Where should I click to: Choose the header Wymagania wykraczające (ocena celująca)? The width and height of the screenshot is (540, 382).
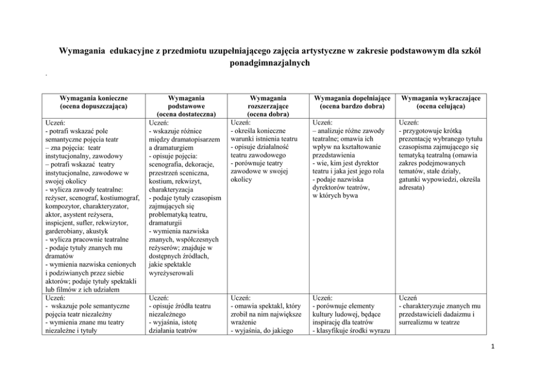440,102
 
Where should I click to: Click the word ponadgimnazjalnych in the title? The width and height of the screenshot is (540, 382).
269,63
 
